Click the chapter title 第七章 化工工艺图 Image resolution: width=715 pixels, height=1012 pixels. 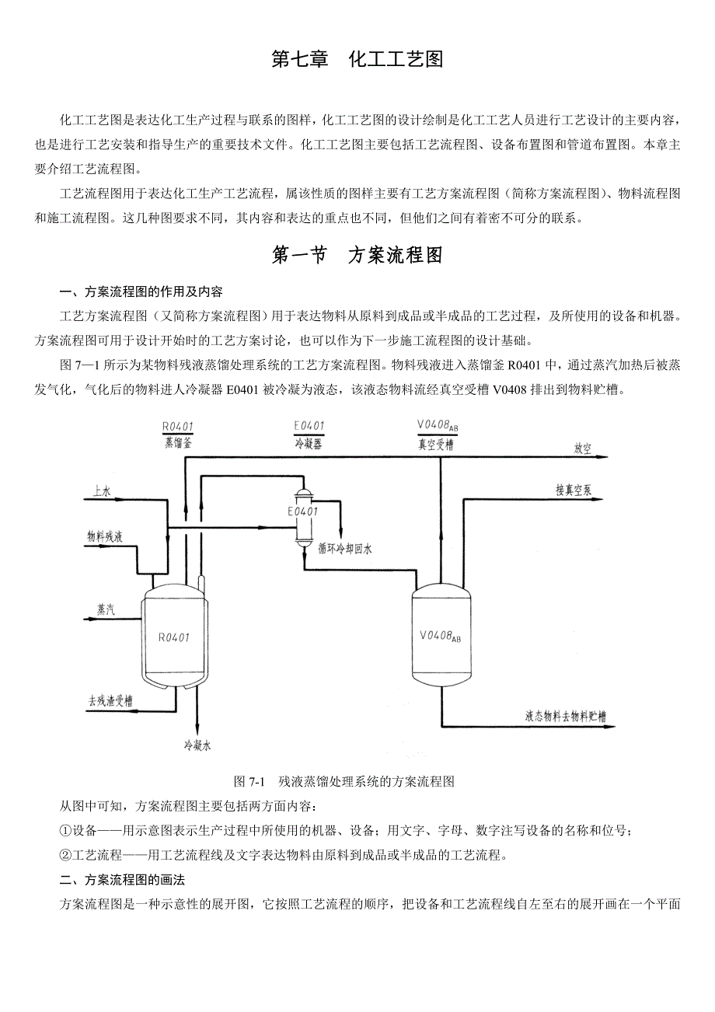pyautogui.click(x=357, y=60)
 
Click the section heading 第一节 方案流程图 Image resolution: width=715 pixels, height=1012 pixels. pyautogui.click(x=357, y=256)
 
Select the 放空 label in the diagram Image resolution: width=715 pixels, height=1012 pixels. pyautogui.click(x=583, y=449)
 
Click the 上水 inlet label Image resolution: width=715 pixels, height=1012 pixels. pyautogui.click(x=102, y=491)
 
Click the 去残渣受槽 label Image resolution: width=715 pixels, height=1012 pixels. pyautogui.click(x=109, y=700)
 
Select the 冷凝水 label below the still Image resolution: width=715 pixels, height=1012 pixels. pyautogui.click(x=197, y=745)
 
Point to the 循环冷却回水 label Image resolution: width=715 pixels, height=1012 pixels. pyautogui.click(x=345, y=549)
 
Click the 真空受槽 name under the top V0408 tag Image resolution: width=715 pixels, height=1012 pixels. pyautogui.click(x=434, y=445)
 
